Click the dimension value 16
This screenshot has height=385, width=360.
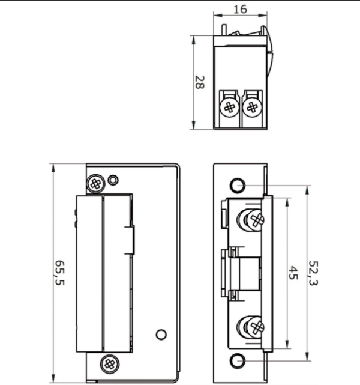point(241,10)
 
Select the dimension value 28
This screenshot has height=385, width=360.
point(199,83)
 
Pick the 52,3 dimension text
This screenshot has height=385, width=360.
point(313,273)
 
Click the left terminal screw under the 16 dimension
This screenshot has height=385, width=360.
point(229,108)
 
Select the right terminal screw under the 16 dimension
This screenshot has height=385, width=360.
point(251,108)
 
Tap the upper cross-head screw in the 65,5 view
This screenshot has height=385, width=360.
point(95,183)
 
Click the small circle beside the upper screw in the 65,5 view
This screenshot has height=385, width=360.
point(113,179)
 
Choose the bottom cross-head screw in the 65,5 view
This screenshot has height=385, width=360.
point(109,362)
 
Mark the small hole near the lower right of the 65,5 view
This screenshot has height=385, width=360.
point(160,334)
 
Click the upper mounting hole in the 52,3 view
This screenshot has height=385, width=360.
point(238,184)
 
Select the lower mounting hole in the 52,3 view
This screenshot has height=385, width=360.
point(238,360)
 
